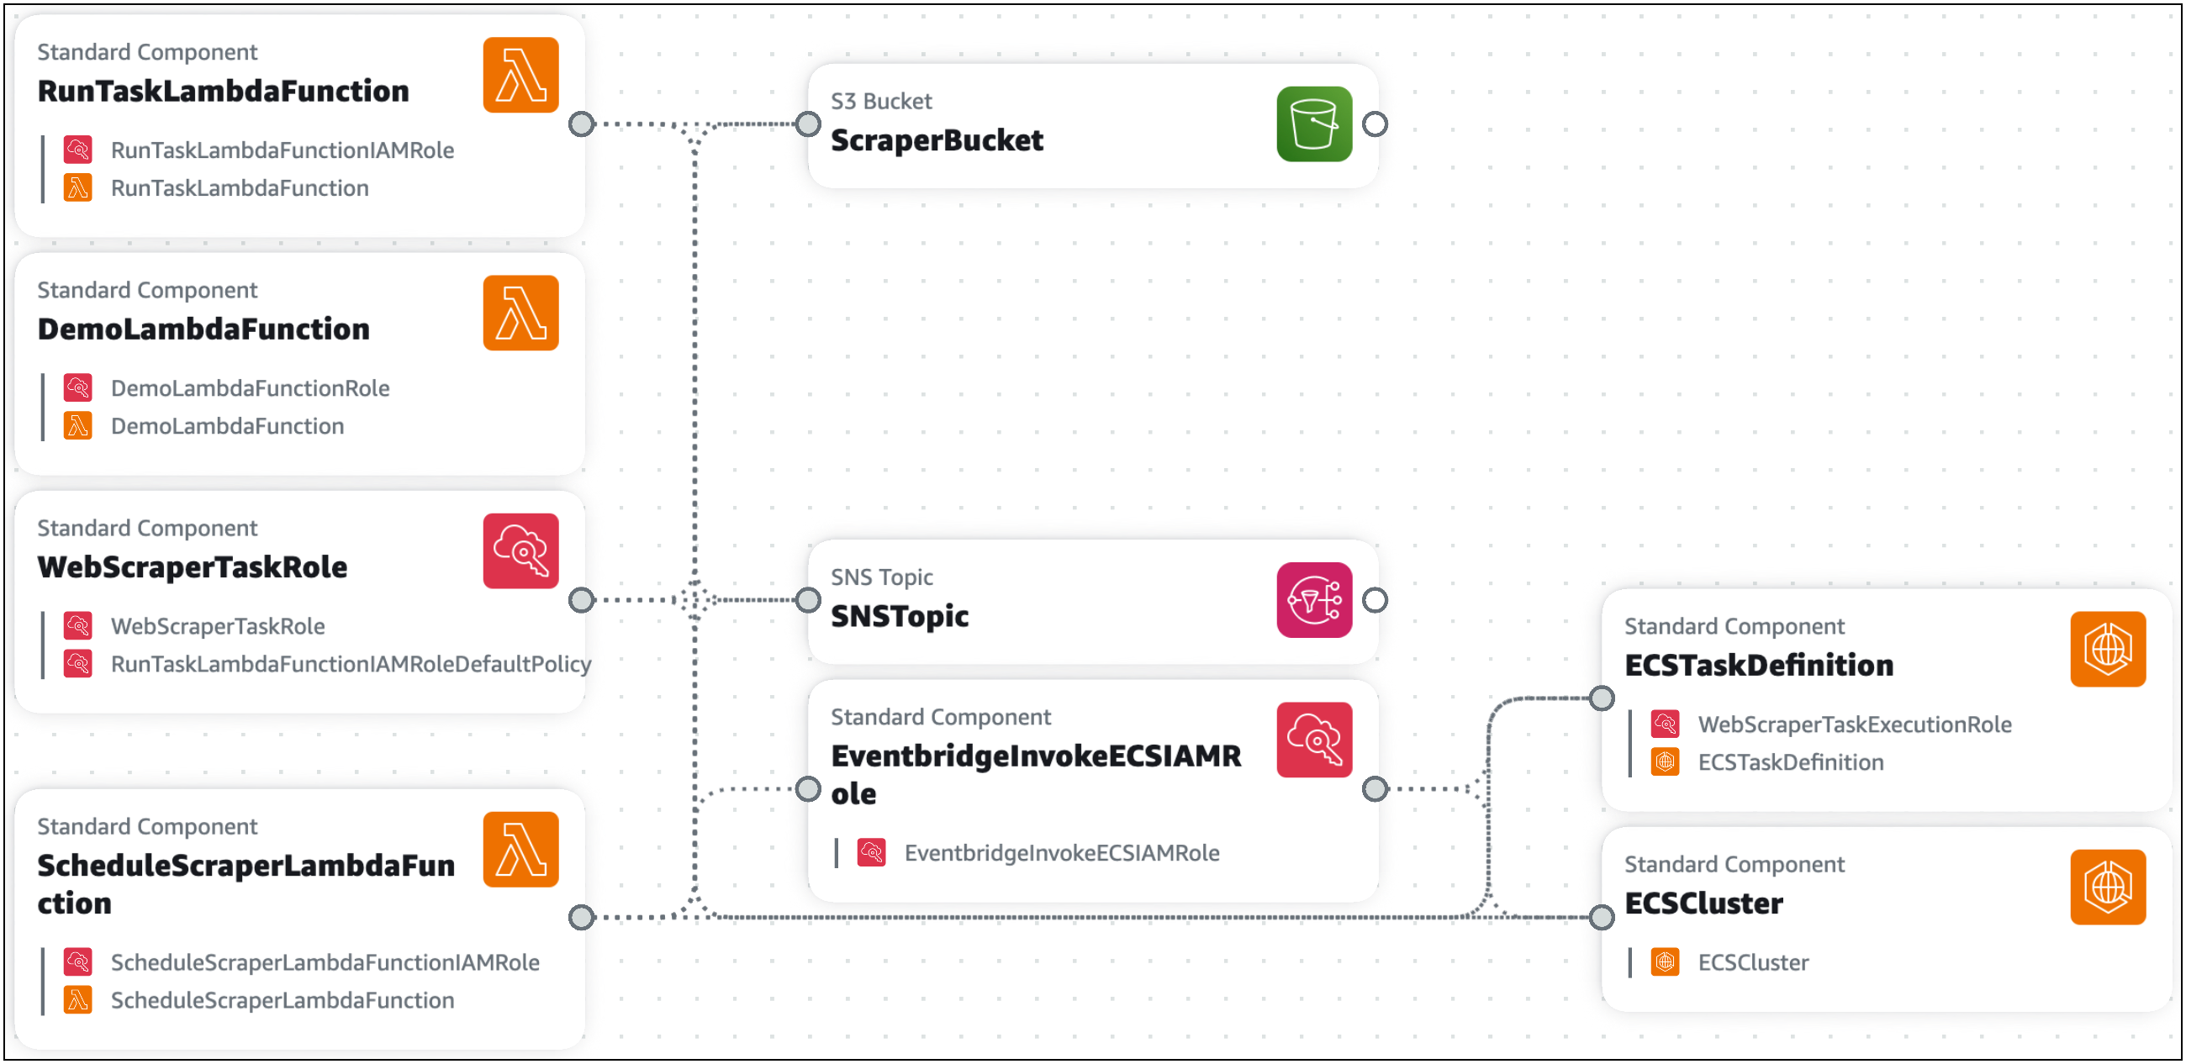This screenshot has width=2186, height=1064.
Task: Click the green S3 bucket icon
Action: (1313, 124)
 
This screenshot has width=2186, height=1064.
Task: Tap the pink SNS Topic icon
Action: (1313, 600)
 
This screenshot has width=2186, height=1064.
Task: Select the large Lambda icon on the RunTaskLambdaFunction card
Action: (520, 75)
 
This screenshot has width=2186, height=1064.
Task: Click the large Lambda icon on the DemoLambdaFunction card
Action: (520, 313)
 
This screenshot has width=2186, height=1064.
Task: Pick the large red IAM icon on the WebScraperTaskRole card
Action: (520, 550)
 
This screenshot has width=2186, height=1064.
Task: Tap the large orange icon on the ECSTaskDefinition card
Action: (2107, 649)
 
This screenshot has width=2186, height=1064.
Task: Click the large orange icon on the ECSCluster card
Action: (2107, 887)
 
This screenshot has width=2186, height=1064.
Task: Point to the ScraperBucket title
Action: (936, 141)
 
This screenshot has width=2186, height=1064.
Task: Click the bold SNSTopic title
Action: (899, 617)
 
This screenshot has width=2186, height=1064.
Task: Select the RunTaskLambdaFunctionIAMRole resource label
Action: (282, 150)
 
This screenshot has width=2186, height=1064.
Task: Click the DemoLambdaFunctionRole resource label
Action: (250, 388)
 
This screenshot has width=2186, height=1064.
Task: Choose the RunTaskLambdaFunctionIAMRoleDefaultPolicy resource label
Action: (351, 664)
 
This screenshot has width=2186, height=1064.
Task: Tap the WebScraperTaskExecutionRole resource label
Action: (1854, 724)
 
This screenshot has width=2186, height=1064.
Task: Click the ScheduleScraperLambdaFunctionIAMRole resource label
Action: (325, 963)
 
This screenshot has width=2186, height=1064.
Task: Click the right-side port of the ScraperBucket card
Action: (1375, 124)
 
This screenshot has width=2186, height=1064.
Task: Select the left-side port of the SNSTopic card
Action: (808, 600)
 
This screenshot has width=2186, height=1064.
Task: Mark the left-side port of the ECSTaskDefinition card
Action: (1602, 698)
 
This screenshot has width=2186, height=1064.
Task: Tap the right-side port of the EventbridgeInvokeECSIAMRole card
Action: (1375, 789)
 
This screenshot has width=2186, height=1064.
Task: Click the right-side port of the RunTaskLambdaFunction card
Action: (581, 124)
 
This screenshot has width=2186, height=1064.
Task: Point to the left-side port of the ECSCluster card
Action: (1602, 917)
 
